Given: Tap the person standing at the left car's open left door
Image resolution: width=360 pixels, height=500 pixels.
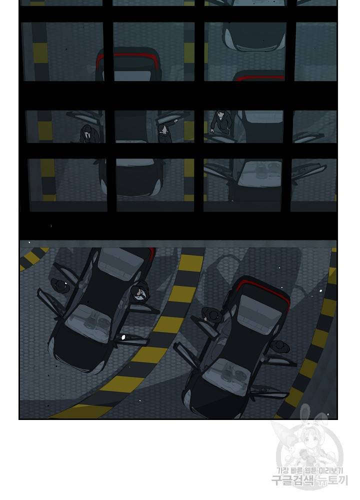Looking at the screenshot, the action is pyautogui.click(x=60, y=285).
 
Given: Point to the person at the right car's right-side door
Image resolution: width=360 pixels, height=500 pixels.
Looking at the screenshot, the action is pyautogui.click(x=279, y=346).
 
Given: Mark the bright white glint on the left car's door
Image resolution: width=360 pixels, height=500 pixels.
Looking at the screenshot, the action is pyautogui.click(x=123, y=336).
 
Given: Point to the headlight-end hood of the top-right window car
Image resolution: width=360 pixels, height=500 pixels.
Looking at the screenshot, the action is pyautogui.click(x=254, y=38).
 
